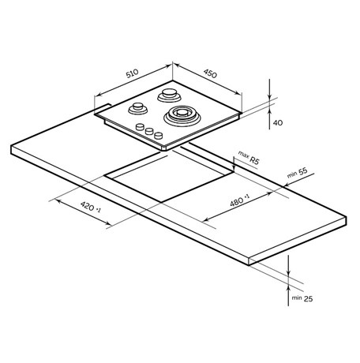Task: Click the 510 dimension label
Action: (132, 73)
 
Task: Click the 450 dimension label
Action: (210, 74)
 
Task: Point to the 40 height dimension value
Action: (278, 123)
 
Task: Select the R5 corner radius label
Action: (254, 160)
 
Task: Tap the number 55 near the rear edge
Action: (302, 170)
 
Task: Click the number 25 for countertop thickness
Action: (308, 299)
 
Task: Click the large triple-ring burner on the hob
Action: (182, 116)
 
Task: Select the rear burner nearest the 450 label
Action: (169, 95)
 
